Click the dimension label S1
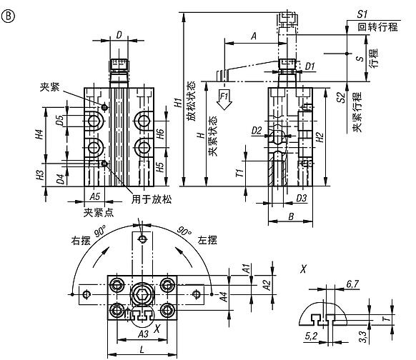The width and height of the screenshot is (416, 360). [x=362, y=13]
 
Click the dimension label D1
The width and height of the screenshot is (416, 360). [x=309, y=66]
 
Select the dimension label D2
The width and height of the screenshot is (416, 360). [x=257, y=131]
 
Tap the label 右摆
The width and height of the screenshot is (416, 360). [x=79, y=241]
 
